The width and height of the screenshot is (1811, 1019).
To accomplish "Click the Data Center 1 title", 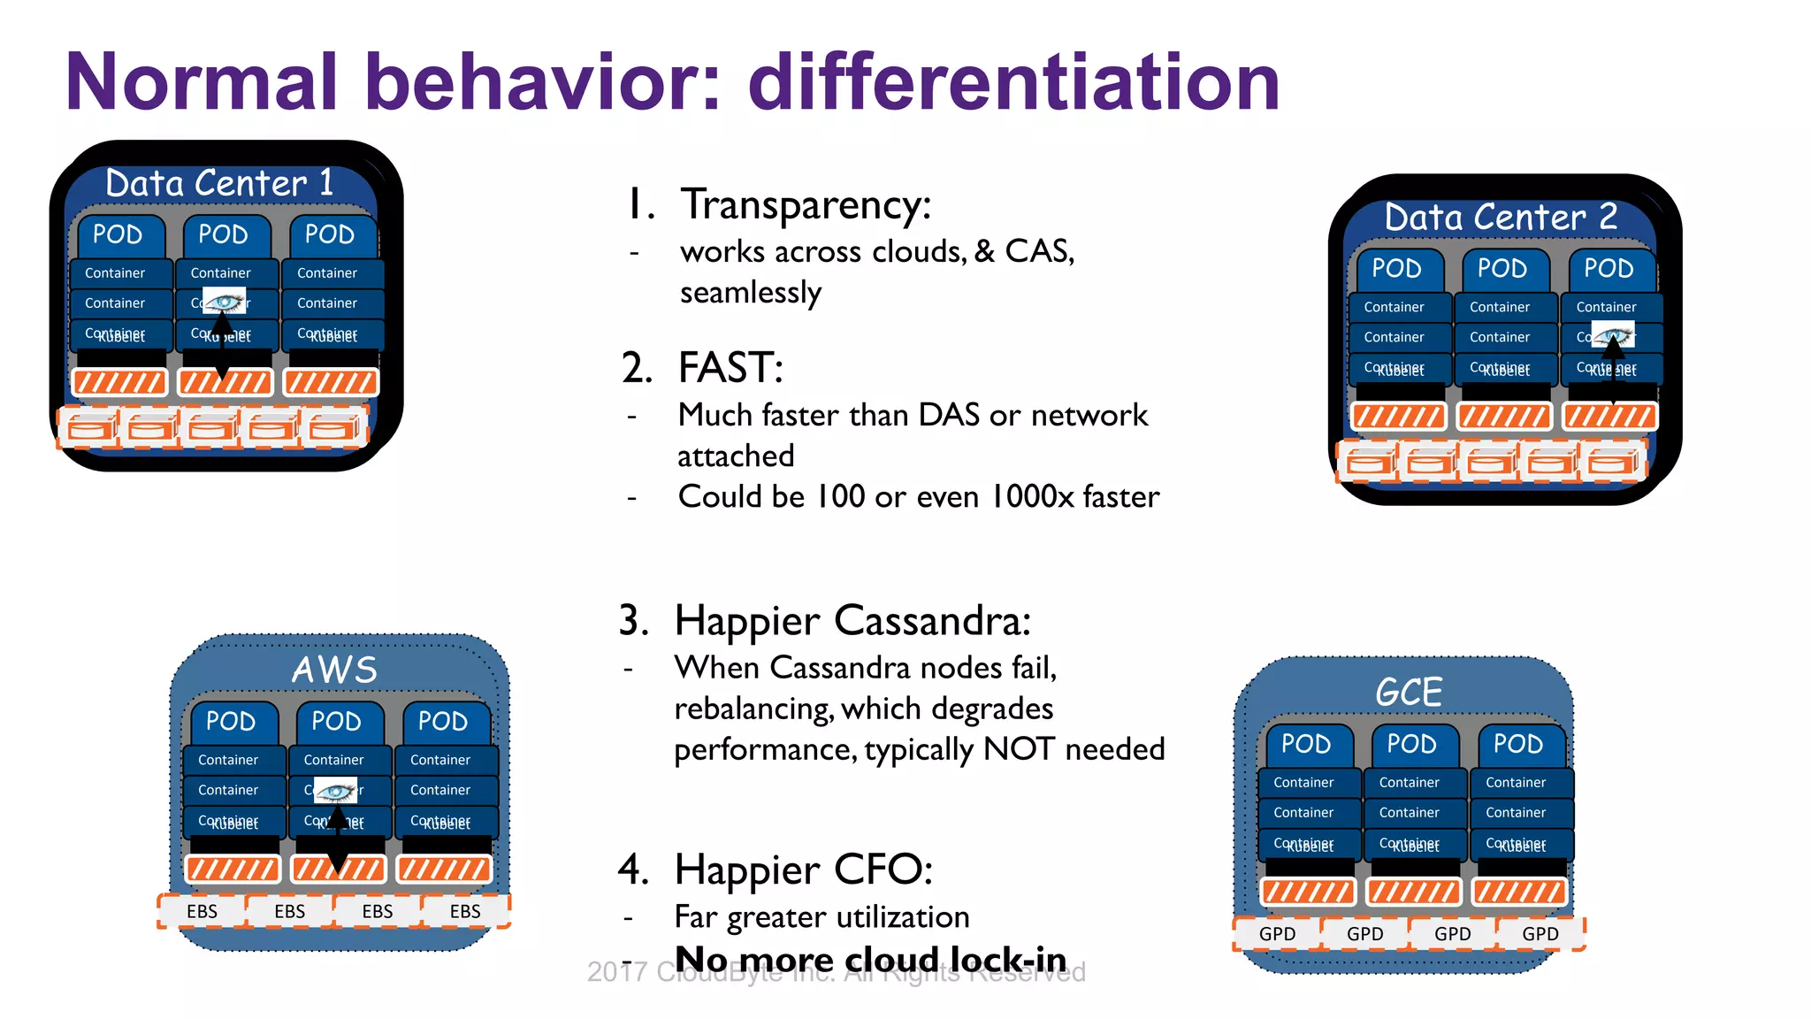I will point(219,183).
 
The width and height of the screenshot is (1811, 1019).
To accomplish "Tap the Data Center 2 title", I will point(1501,217).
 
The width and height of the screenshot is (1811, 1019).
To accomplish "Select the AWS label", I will point(334,670).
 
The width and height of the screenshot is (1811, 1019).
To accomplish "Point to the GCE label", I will point(1409,692).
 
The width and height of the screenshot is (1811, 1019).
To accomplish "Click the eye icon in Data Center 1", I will point(224,302).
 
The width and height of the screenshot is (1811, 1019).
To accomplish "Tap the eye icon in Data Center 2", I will point(1613,335).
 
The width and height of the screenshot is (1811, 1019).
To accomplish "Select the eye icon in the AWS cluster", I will point(336,790).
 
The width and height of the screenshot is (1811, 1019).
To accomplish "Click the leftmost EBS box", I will point(202,911).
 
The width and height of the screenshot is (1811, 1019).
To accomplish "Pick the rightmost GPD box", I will point(1540,934).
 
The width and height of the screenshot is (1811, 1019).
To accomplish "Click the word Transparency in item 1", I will point(805,204).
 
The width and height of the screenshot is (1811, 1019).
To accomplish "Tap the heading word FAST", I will point(730,368).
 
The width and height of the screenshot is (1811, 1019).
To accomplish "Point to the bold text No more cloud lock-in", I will point(870,959).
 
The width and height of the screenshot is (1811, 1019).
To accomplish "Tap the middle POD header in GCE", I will point(1411,744).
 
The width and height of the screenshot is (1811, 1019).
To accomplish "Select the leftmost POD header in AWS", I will point(231,721).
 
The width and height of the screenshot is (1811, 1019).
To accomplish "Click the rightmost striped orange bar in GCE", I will point(1518,892).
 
